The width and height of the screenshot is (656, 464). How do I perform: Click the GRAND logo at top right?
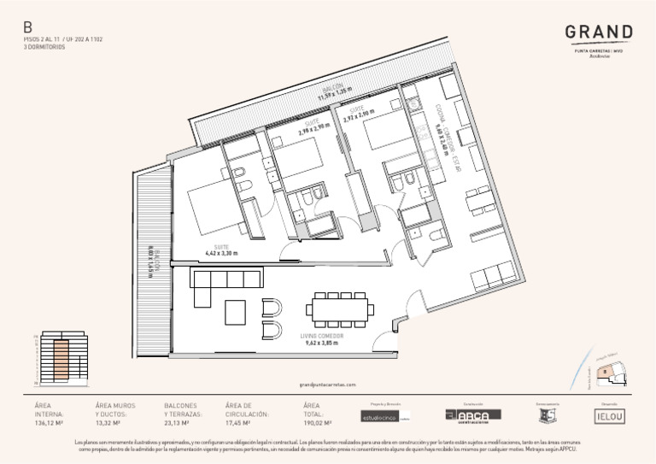pyautogui.click(x=598, y=33)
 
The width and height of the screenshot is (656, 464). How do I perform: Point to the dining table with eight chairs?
pyautogui.click(x=340, y=309)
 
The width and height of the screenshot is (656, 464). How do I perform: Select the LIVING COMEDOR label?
pyautogui.click(x=323, y=337)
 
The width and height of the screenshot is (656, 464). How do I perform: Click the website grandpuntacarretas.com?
pyautogui.click(x=328, y=385)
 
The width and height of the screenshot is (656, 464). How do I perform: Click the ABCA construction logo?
pyautogui.click(x=472, y=414)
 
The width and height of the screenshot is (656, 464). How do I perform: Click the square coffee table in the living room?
pyautogui.click(x=236, y=312)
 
